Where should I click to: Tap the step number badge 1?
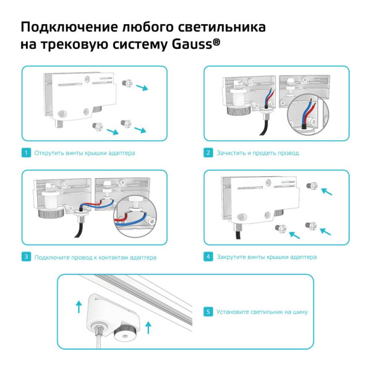pos(26,152)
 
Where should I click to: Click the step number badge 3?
pos(26,257)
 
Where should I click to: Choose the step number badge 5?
pos(208,312)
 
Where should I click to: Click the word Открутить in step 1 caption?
pos(48,152)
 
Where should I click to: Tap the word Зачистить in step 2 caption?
pos(231,152)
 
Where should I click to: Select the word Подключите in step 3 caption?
pos(51,257)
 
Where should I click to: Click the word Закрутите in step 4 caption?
pos(231,257)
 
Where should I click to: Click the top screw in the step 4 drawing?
pos(310,185)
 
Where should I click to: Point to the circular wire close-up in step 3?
pos(135,216)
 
